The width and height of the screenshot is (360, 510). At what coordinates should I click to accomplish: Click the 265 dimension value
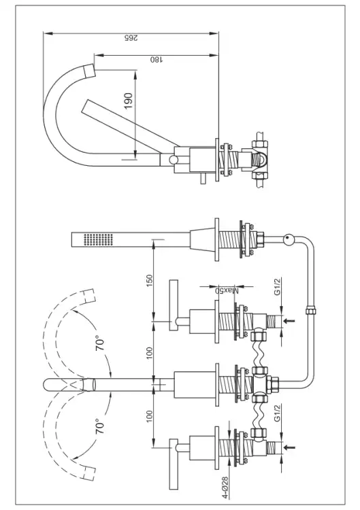pos(131,37)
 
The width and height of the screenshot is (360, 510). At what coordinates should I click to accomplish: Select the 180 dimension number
pos(157,59)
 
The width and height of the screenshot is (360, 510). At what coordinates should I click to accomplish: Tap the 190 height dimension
pos(129,101)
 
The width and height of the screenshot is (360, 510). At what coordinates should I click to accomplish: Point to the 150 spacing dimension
pos(149,281)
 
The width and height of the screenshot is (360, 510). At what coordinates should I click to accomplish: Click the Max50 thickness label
pos(227,290)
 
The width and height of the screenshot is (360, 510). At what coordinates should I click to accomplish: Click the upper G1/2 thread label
pos(277,286)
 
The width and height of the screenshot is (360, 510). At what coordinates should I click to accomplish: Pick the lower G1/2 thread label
pos(277,413)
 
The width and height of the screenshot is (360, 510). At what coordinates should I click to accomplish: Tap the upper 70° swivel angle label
pos(100,345)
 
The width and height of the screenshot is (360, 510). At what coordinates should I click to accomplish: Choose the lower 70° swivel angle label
pos(100,427)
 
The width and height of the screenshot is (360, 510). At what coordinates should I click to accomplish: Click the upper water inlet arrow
pos(289,321)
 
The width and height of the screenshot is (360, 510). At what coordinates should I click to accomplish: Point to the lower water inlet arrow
pos(289,447)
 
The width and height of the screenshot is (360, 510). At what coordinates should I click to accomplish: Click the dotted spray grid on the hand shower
pos(98,239)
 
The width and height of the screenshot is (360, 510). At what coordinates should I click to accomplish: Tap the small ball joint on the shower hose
pos(288,240)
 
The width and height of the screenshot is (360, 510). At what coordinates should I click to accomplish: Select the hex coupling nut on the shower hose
pos(311,310)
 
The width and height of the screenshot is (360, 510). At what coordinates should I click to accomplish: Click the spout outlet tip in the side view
pos(89,71)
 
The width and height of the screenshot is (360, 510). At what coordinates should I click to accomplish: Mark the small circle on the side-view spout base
pos(173,160)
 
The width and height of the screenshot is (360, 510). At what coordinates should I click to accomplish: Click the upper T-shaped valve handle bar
pos(173,305)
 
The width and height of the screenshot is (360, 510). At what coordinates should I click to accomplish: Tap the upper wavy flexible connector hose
pos(259,354)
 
